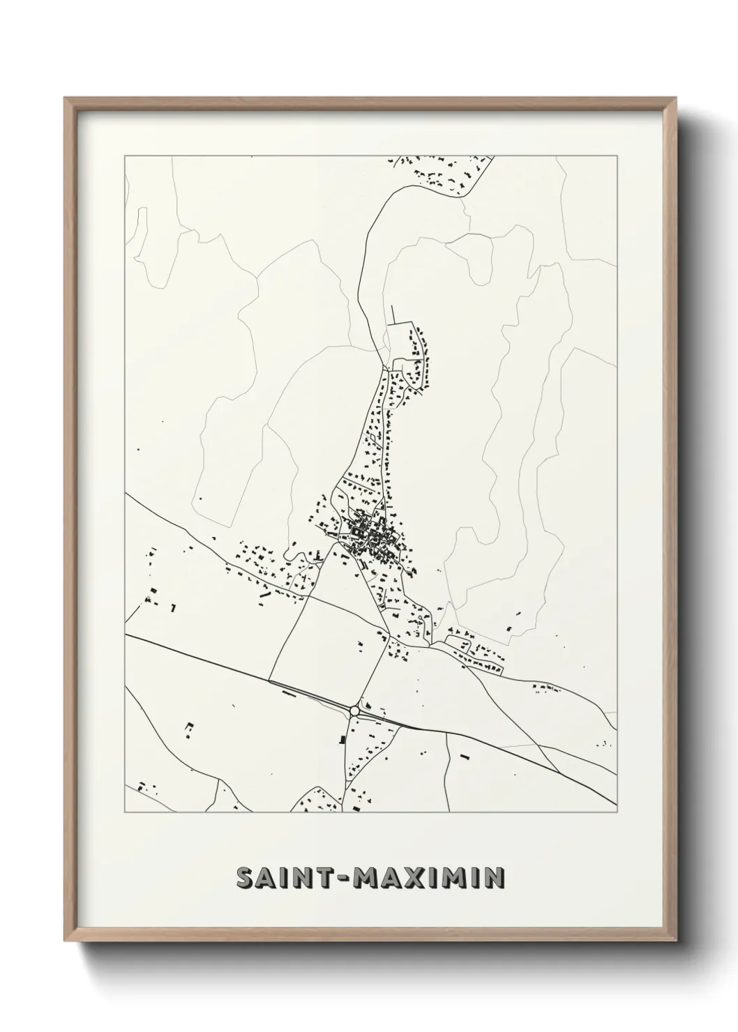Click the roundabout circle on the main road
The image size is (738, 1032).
coord(355,711)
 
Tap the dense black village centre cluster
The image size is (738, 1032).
coord(370,538)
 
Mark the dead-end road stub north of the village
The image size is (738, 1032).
coord(393,314)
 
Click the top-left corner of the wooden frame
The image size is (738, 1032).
coord(66,98)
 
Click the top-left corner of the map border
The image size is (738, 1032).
coord(125,155)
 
